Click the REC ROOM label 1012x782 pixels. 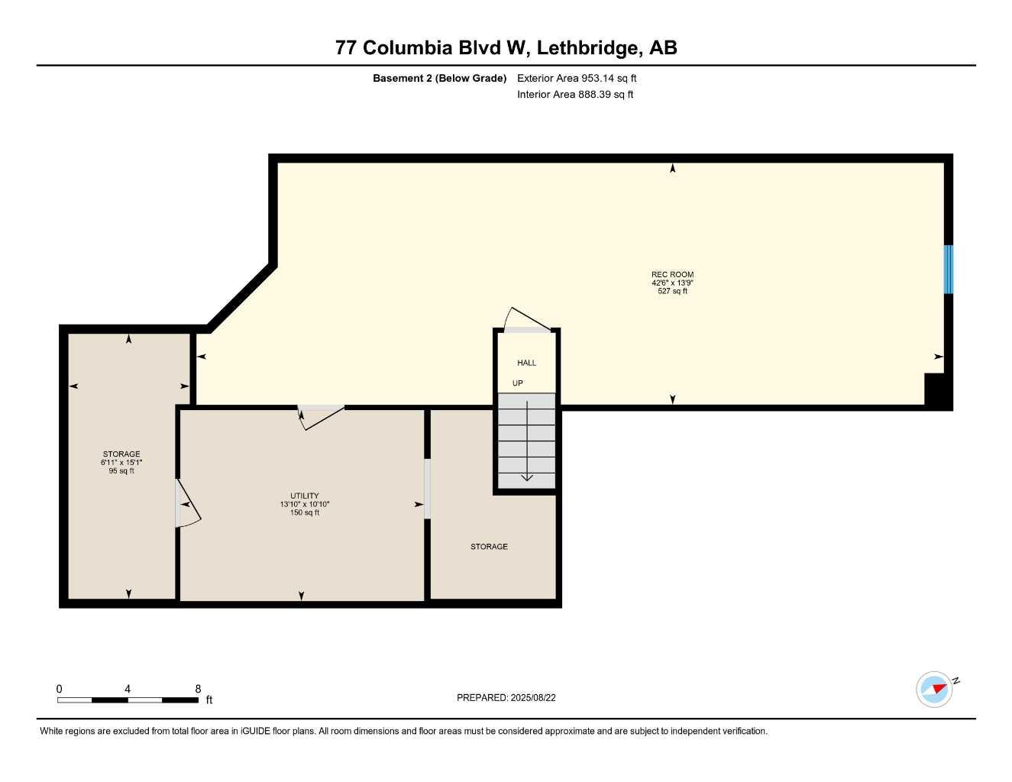pos(672,275)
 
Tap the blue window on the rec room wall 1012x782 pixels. pos(948,269)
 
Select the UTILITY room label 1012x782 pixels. pos(305,496)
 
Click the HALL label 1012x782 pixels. pos(527,363)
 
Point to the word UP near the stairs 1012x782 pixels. pos(517,383)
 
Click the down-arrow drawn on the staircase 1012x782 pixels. pos(527,441)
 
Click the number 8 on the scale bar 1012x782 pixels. pos(198,688)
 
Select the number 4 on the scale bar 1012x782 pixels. pos(127,688)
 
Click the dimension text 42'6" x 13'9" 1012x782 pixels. pos(672,283)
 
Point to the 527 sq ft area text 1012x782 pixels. pos(672,291)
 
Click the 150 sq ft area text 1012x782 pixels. pos(305,512)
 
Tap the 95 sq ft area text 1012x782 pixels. pos(121,470)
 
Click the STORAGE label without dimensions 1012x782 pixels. pos(489,547)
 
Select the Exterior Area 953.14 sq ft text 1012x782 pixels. pos(577,78)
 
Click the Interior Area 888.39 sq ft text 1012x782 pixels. pos(575,95)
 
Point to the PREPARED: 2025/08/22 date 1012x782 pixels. pos(506,698)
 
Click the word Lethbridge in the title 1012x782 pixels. pos(587,48)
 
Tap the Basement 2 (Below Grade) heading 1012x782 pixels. pos(440,78)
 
